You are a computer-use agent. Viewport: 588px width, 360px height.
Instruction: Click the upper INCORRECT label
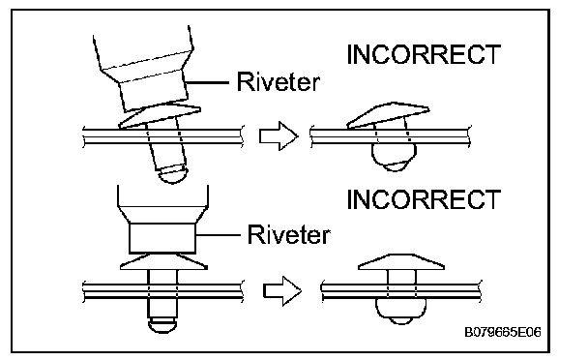(x=424, y=54)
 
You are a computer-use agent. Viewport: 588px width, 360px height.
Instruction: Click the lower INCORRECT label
(x=424, y=199)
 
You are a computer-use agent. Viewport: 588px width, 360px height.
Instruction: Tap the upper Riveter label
(x=279, y=81)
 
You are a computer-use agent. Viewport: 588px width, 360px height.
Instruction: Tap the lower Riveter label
(x=289, y=234)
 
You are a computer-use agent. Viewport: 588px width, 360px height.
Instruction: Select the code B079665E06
(x=503, y=332)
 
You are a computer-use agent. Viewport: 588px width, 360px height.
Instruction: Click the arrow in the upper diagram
(x=279, y=135)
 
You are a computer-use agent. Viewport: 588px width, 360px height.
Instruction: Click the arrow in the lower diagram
(x=282, y=291)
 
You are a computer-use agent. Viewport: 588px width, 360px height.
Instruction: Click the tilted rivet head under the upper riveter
(x=161, y=116)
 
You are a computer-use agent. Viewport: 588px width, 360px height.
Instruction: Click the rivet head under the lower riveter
(x=163, y=261)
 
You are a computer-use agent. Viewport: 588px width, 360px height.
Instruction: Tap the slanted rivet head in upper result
(x=389, y=114)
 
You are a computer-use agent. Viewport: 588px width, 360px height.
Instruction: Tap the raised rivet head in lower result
(x=401, y=262)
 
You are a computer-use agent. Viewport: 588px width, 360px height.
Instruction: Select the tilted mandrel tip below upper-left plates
(x=173, y=174)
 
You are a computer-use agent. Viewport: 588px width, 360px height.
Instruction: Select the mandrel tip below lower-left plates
(x=162, y=325)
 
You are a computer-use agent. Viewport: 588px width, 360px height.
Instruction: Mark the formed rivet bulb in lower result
(x=401, y=312)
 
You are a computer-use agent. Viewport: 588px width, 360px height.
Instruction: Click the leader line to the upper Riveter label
(x=207, y=82)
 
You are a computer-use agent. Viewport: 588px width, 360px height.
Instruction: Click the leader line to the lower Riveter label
(x=218, y=235)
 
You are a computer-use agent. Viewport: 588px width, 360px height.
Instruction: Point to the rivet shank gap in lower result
(x=401, y=277)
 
